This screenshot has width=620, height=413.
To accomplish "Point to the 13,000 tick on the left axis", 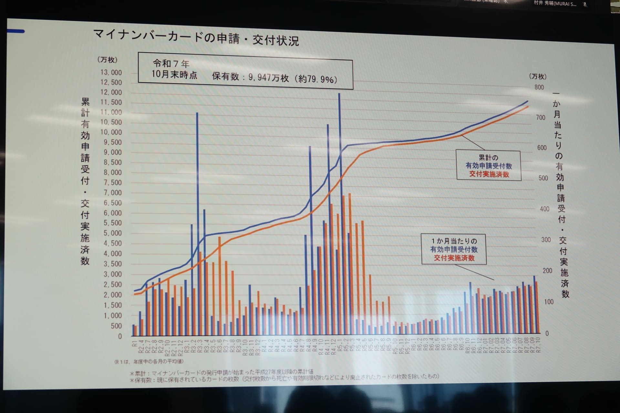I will click(111, 73).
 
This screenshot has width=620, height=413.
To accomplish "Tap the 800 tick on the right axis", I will click(539, 87).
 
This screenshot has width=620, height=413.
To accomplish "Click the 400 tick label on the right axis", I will click(544, 209).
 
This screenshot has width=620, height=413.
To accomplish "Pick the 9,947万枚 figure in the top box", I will click(268, 78).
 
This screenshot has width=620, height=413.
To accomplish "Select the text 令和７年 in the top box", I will click(171, 63).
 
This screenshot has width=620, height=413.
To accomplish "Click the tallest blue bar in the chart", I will click(339, 213).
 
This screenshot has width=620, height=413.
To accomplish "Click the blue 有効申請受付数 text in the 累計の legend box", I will click(489, 166).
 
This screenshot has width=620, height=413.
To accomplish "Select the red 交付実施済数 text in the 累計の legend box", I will click(489, 175).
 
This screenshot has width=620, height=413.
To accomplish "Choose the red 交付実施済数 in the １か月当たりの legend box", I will click(454, 258).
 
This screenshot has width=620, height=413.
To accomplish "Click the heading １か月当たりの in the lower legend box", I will click(454, 241).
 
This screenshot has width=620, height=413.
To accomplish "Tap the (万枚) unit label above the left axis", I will click(107, 60).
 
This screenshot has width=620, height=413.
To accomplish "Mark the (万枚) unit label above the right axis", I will click(538, 76).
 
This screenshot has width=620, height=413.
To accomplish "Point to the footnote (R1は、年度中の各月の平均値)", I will click(149, 362).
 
